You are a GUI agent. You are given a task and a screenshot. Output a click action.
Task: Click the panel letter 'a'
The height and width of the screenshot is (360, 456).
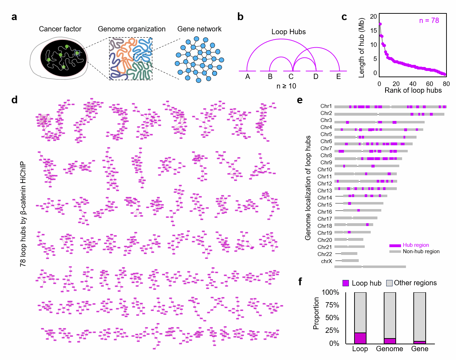14,17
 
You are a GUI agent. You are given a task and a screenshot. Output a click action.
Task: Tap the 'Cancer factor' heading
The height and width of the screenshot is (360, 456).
60,29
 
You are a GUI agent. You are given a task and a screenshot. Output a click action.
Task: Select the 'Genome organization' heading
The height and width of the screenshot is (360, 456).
131,29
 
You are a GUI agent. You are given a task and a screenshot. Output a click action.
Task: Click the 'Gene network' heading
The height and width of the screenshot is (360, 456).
199,29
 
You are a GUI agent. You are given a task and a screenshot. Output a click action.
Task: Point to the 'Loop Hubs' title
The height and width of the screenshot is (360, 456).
288,32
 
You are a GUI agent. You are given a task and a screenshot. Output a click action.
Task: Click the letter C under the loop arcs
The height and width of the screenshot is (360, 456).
291,77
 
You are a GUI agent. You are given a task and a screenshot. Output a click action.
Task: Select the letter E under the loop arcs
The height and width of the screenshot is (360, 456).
338,77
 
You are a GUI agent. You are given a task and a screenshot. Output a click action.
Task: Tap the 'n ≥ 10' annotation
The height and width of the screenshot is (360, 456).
286,86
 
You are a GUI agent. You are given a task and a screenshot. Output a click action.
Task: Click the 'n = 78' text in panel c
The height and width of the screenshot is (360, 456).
429,20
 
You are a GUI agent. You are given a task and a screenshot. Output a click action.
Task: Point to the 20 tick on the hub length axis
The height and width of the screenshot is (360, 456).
373,17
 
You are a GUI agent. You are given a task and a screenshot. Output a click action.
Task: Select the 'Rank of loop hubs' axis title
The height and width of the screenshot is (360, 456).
413,91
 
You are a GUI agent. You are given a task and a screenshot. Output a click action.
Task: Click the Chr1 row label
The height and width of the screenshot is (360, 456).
326,106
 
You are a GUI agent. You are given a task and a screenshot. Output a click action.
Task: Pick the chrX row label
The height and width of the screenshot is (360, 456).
326,261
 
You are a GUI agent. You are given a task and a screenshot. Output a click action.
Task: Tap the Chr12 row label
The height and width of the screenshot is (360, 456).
325,184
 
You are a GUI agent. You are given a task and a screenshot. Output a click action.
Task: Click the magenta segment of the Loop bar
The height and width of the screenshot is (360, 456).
360,338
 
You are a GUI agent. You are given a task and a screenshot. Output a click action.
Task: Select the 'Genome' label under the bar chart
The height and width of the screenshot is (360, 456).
389,349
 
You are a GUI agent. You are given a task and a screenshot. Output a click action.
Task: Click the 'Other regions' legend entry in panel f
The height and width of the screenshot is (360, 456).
415,283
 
